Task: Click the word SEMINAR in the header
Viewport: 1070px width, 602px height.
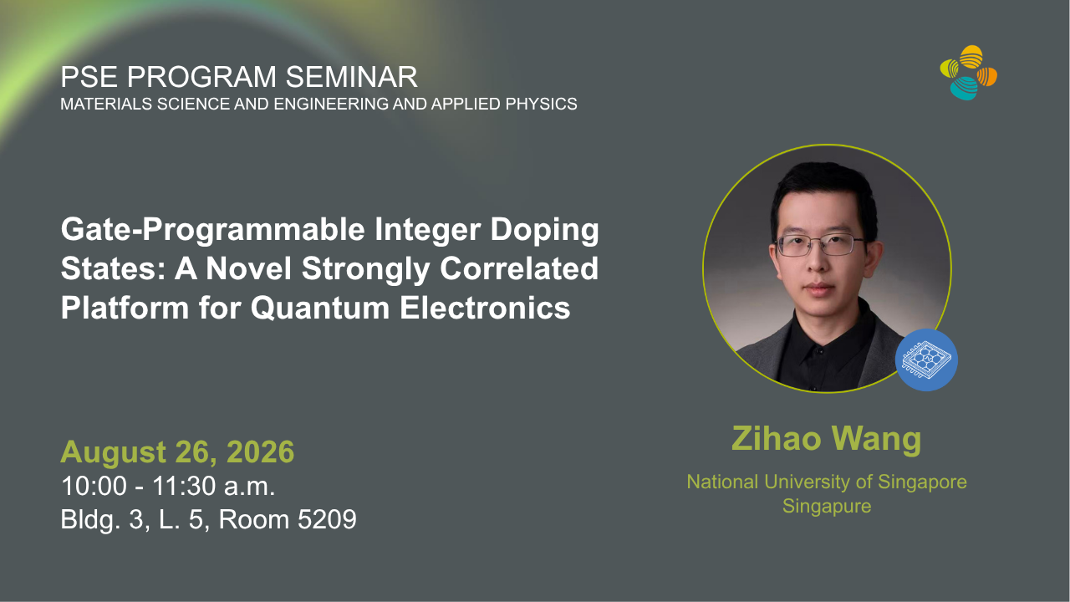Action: pos(352,76)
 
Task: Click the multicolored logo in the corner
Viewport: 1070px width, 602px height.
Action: pos(969,73)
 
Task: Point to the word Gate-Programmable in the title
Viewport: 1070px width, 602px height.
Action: pos(213,230)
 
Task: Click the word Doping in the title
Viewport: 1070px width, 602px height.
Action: pos(544,230)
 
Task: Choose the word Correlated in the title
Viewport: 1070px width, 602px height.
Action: pos(519,268)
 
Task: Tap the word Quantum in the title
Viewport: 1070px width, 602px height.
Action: pos(320,308)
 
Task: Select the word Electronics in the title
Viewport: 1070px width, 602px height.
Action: pos(485,308)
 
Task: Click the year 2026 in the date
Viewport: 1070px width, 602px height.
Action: pos(260,451)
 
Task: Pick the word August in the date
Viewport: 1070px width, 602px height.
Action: pos(114,453)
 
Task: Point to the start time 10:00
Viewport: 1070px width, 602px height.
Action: pos(94,486)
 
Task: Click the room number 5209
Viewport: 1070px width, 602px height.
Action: pos(327,519)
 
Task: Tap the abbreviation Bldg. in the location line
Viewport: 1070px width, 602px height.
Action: pos(90,520)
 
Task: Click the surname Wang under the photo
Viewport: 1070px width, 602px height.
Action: pos(876,440)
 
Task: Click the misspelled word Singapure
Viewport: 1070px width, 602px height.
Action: pos(827,507)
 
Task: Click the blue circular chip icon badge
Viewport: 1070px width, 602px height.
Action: pos(926,360)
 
